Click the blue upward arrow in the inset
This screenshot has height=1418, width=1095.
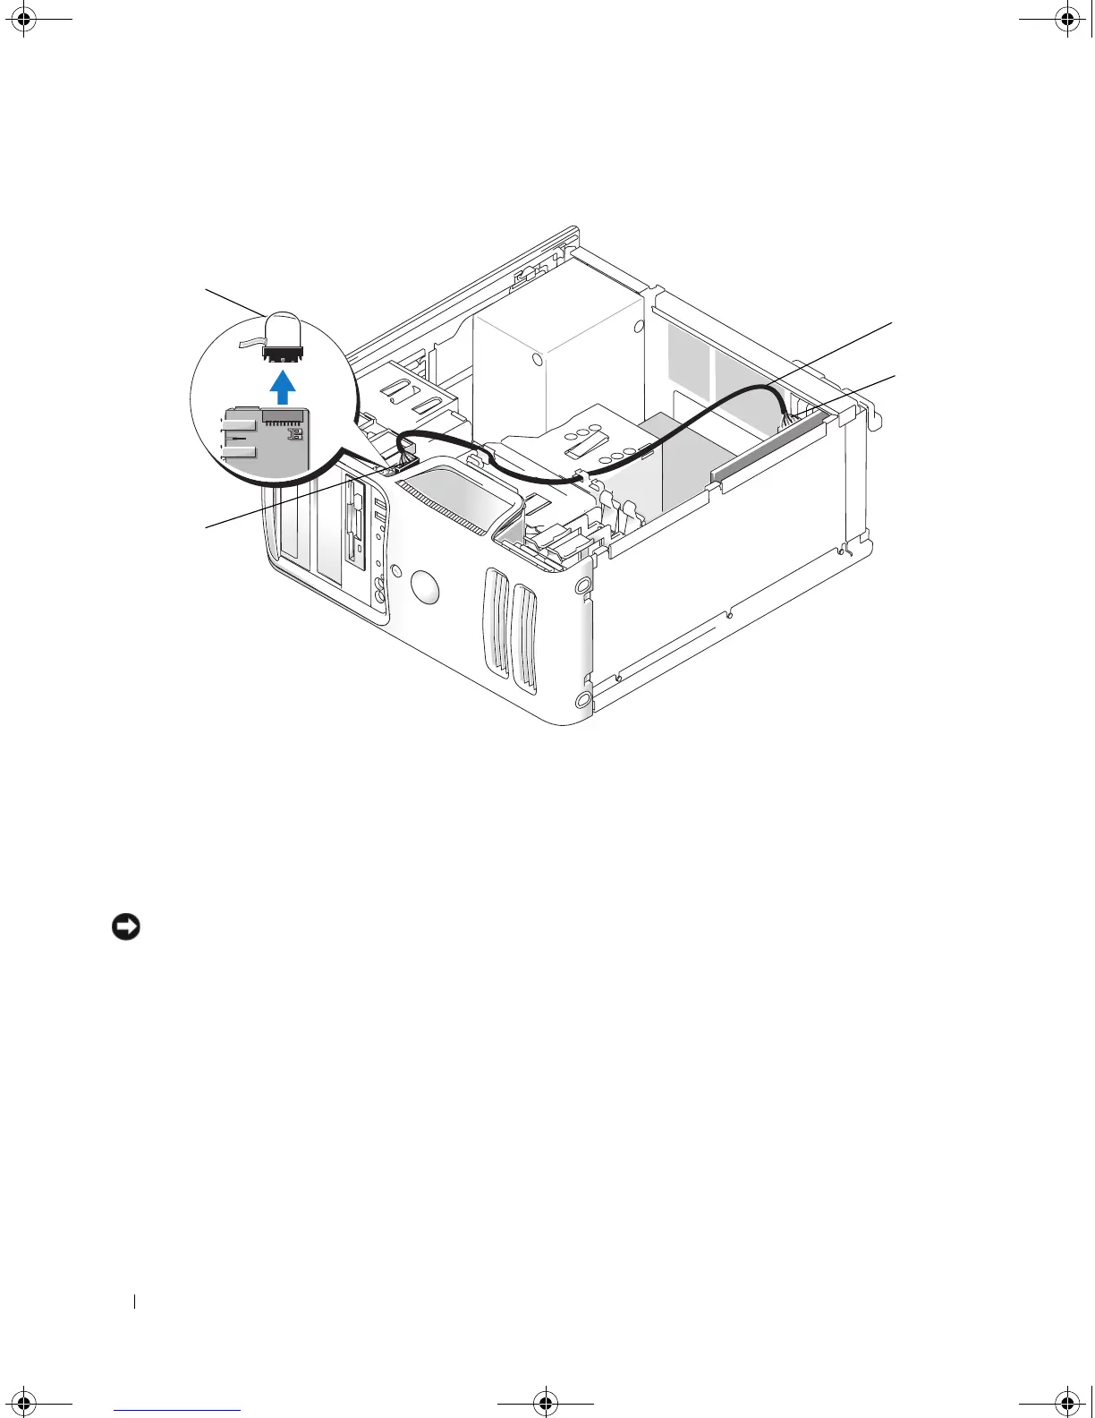[x=283, y=388]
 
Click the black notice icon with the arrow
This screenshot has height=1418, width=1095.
[x=125, y=928]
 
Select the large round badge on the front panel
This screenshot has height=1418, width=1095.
[x=426, y=587]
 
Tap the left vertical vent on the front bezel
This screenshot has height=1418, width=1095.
[x=495, y=617]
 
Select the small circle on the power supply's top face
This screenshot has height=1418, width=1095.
[x=535, y=360]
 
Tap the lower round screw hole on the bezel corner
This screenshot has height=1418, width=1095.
[x=584, y=699]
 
